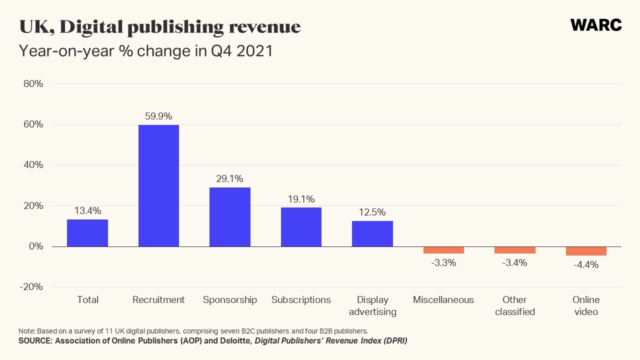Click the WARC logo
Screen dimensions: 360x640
pyautogui.click(x=596, y=25)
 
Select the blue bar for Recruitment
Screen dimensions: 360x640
pyautogui.click(x=158, y=185)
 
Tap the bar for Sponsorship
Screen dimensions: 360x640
pyautogui.click(x=230, y=217)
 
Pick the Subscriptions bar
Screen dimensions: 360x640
pyautogui.click(x=301, y=227)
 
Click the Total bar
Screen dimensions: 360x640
pyautogui.click(x=87, y=233)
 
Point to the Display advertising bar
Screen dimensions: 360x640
pyautogui.click(x=372, y=233)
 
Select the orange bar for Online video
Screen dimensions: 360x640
pyautogui.click(x=586, y=251)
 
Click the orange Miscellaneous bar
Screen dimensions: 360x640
pyautogui.click(x=443, y=250)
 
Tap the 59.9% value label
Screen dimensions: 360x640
pyautogui.click(x=158, y=116)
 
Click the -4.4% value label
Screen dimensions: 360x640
pyautogui.click(x=586, y=265)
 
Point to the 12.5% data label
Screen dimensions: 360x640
pyautogui.click(x=372, y=212)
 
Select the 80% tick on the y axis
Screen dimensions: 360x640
pyautogui.click(x=33, y=84)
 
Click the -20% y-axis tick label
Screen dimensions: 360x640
pyautogui.click(x=32, y=287)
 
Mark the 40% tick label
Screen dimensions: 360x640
pyautogui.click(x=33, y=165)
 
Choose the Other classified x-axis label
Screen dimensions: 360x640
pyautogui.click(x=515, y=305)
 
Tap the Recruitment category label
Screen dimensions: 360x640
pyautogui.click(x=158, y=300)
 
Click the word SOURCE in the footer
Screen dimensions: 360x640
pyautogui.click(x=34, y=341)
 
